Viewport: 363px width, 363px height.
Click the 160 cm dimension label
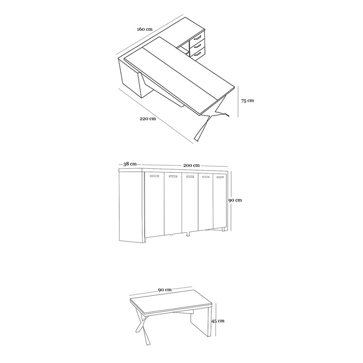(145, 29)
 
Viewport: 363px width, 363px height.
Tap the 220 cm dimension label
(148, 119)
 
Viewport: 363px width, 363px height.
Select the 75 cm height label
(247, 101)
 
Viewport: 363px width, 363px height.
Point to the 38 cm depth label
(130, 164)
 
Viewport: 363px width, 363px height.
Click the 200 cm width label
(191, 166)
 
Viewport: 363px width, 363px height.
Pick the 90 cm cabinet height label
(235, 200)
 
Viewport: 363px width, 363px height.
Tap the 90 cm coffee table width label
(165, 290)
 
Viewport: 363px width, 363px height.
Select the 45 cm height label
(218, 321)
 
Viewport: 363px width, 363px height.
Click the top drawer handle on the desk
(197, 37)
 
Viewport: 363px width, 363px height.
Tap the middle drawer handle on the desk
(197, 46)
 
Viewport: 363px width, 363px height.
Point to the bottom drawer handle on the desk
(197, 54)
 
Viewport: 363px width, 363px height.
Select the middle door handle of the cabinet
(190, 177)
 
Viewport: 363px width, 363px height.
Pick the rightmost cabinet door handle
(221, 177)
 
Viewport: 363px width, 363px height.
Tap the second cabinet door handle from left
(173, 177)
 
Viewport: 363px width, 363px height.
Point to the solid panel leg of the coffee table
(201, 323)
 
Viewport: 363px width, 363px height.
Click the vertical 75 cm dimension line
(238, 102)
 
